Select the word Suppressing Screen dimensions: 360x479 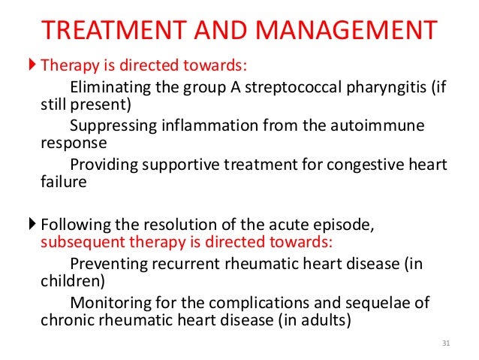[x=110, y=123]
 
